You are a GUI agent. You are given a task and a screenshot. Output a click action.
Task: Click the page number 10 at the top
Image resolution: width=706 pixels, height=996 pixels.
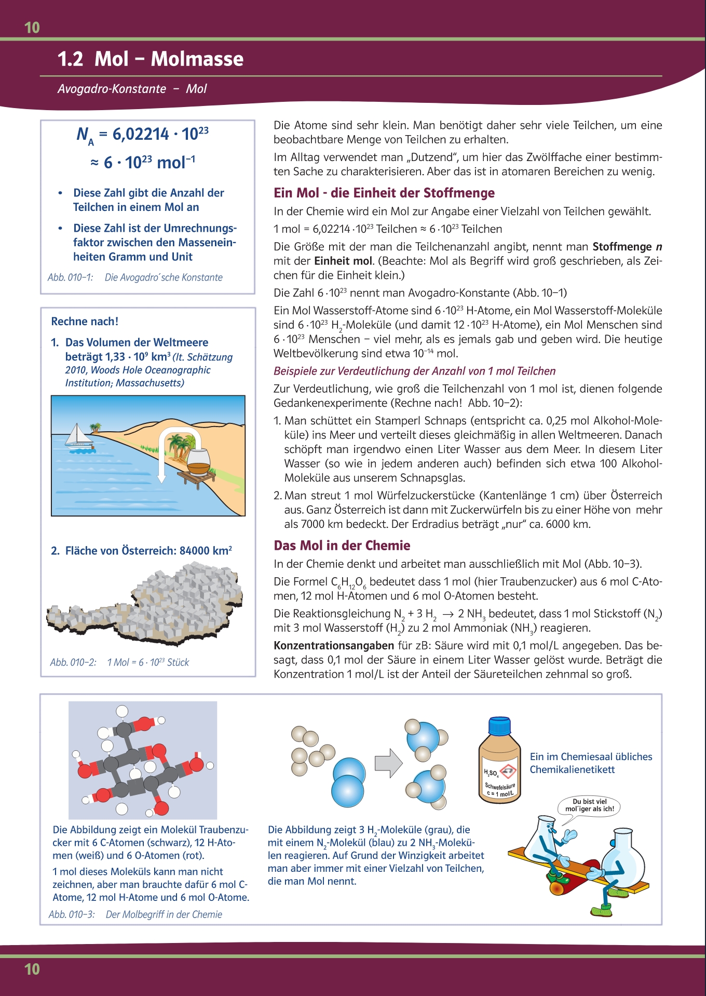coord(32,28)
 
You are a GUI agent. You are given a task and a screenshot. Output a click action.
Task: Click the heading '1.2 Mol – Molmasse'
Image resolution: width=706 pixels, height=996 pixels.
coord(150,59)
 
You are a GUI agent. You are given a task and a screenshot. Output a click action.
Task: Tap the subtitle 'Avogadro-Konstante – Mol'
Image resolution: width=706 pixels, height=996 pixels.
coord(132,89)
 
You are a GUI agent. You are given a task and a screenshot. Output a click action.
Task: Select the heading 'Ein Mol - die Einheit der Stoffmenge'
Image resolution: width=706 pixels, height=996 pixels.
coord(384,193)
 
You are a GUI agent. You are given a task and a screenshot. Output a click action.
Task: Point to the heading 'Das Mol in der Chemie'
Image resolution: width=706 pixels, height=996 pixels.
coord(342,546)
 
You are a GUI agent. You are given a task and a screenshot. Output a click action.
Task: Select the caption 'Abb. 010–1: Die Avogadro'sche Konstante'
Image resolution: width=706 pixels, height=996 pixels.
coord(135,277)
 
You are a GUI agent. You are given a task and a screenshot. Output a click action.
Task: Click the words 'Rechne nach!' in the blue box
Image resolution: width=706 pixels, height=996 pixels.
coord(85,322)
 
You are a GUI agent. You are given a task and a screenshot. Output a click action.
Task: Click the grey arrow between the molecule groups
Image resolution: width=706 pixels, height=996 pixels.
coord(388,763)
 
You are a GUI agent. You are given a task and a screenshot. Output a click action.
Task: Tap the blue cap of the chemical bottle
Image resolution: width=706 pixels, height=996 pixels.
coord(499,725)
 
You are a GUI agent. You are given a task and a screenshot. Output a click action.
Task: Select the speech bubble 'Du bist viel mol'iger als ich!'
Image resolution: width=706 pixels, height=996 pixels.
coord(589,805)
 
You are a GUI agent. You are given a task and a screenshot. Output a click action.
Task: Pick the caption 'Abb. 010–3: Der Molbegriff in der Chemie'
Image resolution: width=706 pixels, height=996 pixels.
coord(135,914)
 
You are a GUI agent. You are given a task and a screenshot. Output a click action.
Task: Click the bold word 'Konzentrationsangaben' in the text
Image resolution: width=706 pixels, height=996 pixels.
coord(334,645)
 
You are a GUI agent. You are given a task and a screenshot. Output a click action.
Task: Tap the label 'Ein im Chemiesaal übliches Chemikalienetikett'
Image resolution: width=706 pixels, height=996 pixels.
coord(591,763)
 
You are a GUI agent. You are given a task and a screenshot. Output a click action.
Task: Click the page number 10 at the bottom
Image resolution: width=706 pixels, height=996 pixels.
coord(32,969)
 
